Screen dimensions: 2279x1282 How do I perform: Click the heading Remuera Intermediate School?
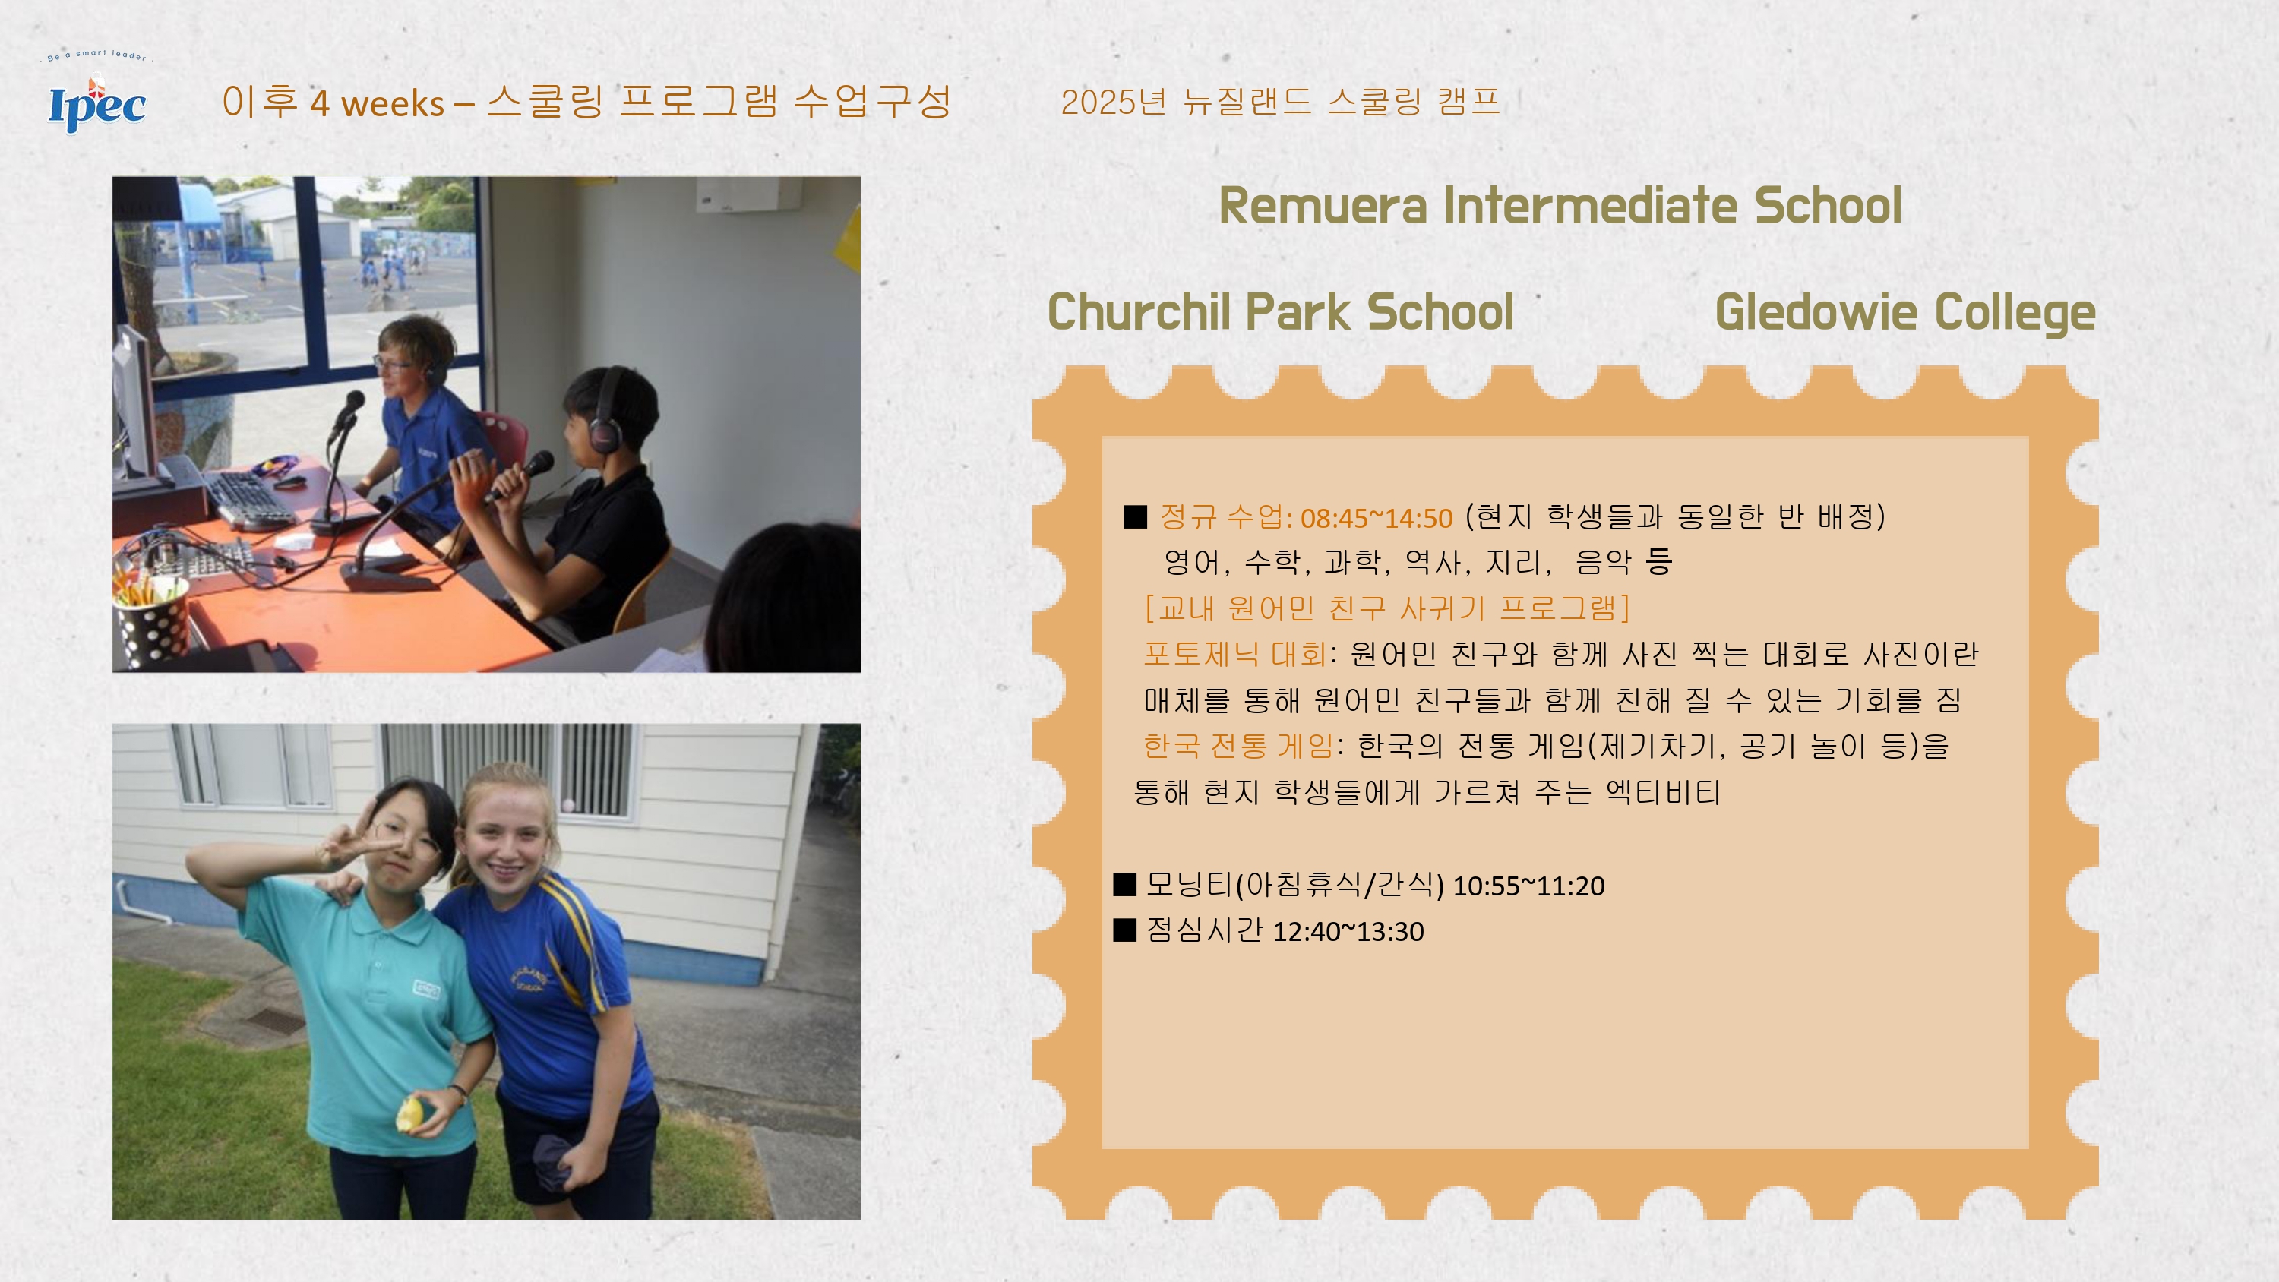pos(1560,206)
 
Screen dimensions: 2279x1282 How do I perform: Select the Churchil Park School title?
pos(1280,312)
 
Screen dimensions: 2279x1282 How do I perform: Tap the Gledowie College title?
pos(1904,313)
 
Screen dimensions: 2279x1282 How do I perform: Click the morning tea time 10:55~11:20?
pos(1528,886)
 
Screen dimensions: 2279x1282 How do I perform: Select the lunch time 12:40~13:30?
pos(1348,932)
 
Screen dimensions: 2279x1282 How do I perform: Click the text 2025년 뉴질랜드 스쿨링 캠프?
pos(1280,102)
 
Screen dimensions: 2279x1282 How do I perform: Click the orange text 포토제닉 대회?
pos(1235,654)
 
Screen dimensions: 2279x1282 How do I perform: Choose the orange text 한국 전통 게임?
pos(1237,746)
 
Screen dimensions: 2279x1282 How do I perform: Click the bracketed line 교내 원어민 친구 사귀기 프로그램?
pos(1386,608)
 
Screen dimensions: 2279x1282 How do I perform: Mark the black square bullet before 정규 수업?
pos(1135,516)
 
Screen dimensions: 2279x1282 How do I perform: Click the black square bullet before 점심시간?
pos(1124,930)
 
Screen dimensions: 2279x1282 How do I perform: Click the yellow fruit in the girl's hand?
pos(410,1113)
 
